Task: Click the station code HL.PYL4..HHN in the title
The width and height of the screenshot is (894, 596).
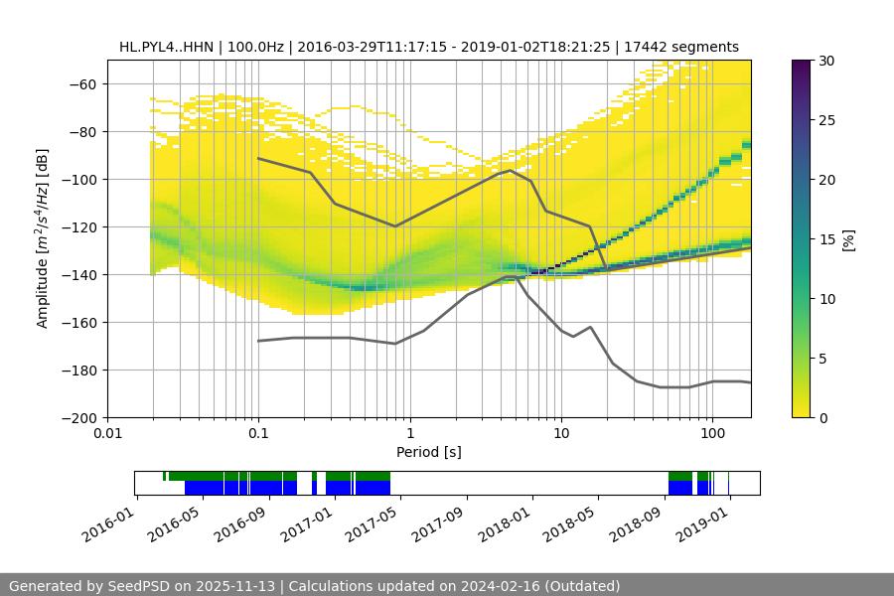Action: pyautogui.click(x=164, y=47)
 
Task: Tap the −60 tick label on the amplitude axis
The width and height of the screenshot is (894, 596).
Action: pyautogui.click(x=83, y=83)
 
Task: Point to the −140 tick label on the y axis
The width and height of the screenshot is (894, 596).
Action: pyautogui.click(x=79, y=274)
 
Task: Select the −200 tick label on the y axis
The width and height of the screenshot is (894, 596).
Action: pyautogui.click(x=79, y=417)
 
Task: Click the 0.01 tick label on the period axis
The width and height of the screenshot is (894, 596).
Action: pyautogui.click(x=107, y=433)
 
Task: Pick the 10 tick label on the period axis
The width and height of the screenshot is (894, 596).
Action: pyautogui.click(x=560, y=433)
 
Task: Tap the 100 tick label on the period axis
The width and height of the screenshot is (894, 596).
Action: pyautogui.click(x=711, y=433)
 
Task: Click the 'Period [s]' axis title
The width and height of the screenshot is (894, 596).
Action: pyautogui.click(x=428, y=452)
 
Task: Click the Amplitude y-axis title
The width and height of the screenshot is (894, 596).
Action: pyautogui.click(x=43, y=238)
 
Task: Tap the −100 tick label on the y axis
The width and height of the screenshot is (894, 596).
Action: pyautogui.click(x=79, y=179)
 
